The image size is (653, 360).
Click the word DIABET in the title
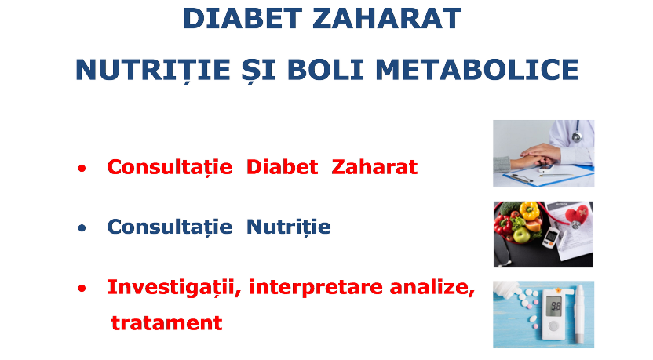tap(243, 19)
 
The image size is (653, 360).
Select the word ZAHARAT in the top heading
tap(387, 19)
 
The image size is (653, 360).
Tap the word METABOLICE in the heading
tap(477, 70)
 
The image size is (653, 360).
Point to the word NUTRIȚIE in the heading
tap(153, 71)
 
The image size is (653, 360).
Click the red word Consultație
tap(170, 167)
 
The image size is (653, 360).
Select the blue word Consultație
tap(170, 227)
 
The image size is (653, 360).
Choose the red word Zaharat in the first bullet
tap(374, 167)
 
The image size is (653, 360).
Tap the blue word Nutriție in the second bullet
tap(289, 227)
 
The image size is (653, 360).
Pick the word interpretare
tap(316, 288)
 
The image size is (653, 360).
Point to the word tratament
tap(166, 323)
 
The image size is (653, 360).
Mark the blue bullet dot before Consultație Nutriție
tap(82, 228)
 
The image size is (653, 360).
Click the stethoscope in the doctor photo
tap(577, 133)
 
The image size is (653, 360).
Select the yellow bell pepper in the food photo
tap(529, 211)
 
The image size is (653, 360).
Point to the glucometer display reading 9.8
tap(556, 308)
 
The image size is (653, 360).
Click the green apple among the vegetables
tap(521, 235)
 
